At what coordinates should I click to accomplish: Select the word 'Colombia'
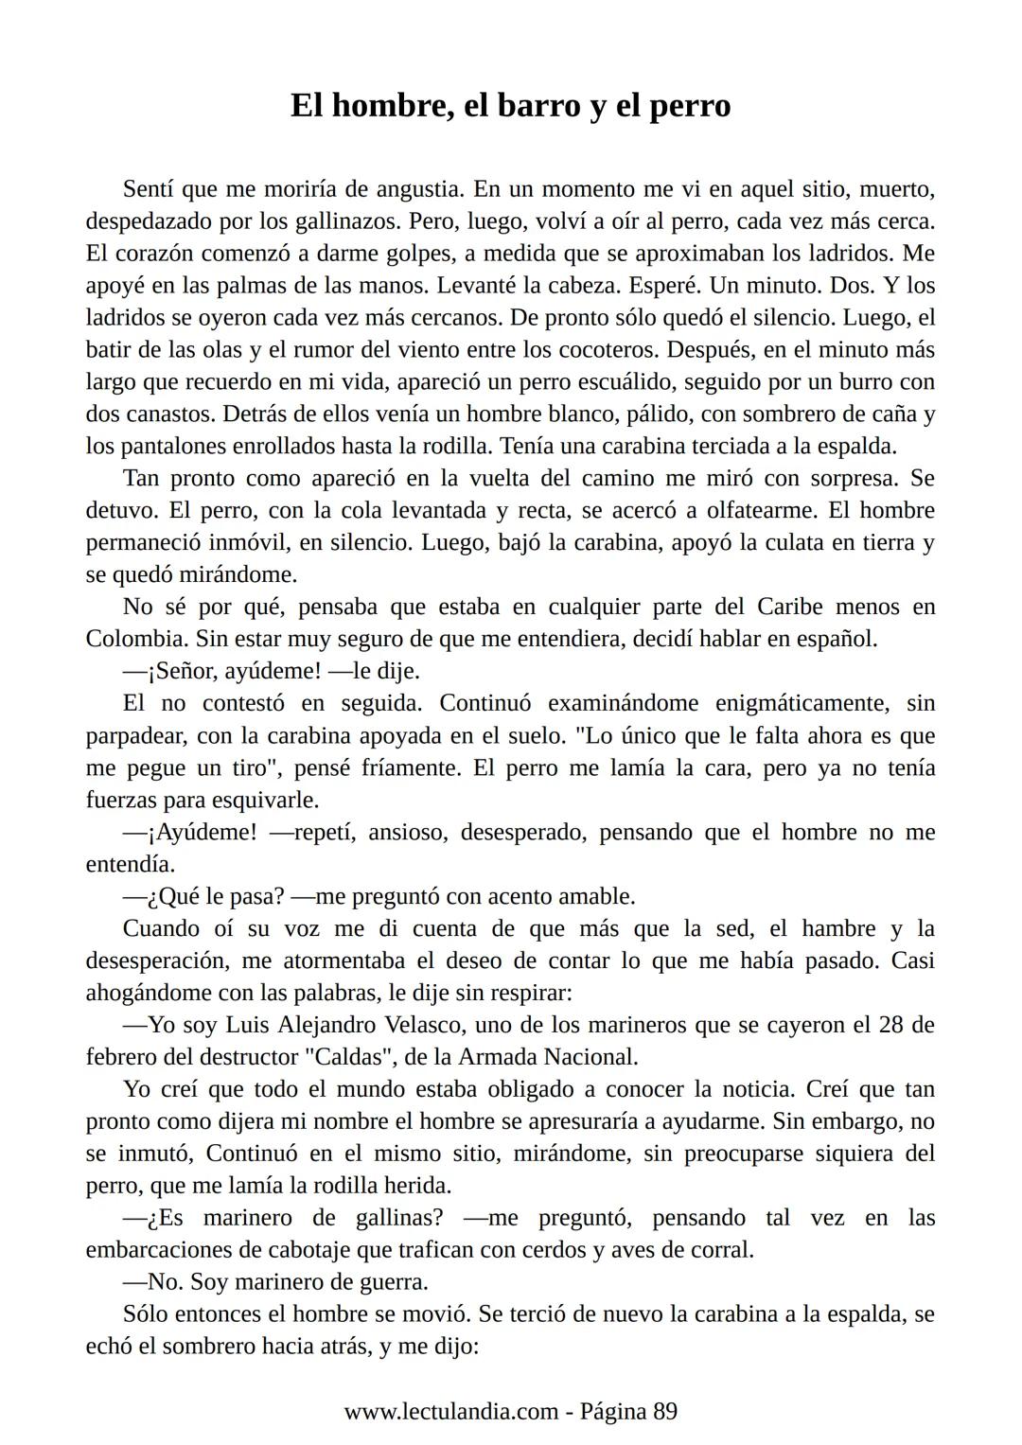point(136,639)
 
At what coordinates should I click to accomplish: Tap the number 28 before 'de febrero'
point(891,1025)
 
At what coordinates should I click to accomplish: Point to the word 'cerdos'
point(555,1250)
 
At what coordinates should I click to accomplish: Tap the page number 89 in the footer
point(664,1412)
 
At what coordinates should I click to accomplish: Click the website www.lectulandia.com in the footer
point(450,1412)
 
